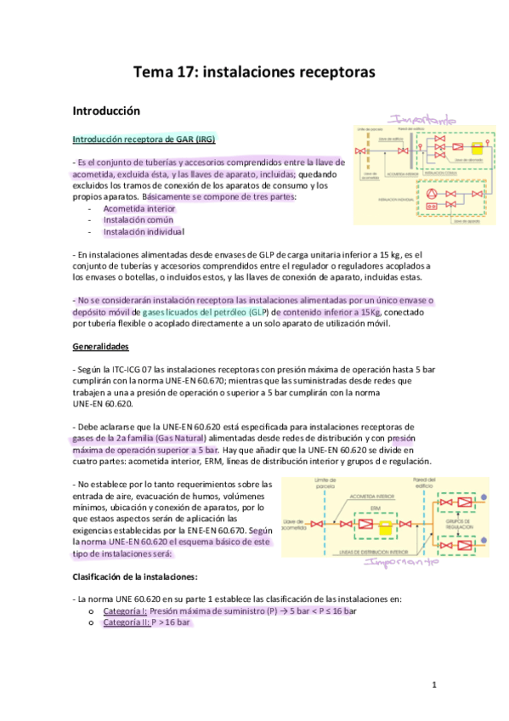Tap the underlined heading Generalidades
[x=99, y=347]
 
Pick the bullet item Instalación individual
[x=144, y=231]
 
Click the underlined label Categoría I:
[x=125, y=610]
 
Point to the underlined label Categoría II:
[x=126, y=622]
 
